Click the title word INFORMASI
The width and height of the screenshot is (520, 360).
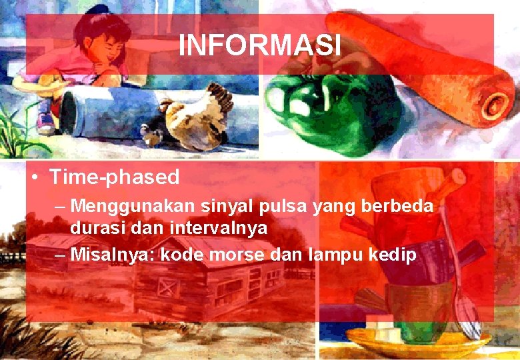tap(260, 45)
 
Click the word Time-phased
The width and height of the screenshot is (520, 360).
tap(114, 177)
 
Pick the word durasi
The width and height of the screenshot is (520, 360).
tap(93, 228)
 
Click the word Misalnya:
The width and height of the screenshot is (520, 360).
tap(109, 254)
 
